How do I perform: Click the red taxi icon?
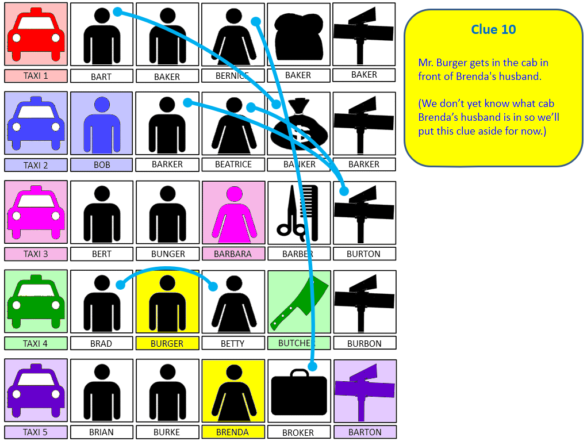coord(36,34)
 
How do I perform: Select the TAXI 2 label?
coord(36,165)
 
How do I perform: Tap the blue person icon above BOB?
coord(102,123)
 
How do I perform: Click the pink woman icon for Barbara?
coord(233,212)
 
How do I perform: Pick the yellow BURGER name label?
coord(167,343)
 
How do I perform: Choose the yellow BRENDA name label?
coord(233,432)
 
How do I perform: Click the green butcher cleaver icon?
coord(299,301)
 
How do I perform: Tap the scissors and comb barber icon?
coord(298,212)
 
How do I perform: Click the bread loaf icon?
coord(299,34)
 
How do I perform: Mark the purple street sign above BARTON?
coord(365,391)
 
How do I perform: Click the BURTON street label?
coord(364,254)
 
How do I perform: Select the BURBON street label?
coord(365,343)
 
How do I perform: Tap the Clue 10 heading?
coord(493,29)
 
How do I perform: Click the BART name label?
coord(101,76)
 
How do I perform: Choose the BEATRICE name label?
coord(233,164)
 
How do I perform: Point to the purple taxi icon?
coord(36,391)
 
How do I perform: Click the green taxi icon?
coord(36,301)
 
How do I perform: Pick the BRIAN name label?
coord(101,432)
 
